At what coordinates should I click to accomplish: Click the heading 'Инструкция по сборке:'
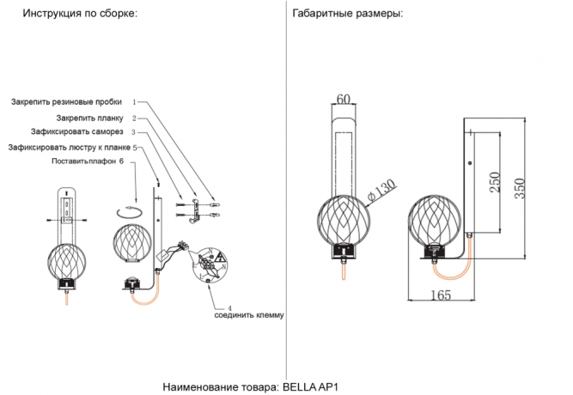pyautogui.click(x=79, y=15)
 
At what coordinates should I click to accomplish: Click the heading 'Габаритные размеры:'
pyautogui.click(x=347, y=15)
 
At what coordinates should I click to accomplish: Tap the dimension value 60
pyautogui.click(x=343, y=100)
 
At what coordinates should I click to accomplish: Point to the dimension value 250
pyautogui.click(x=494, y=182)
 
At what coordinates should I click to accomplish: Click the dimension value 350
pyautogui.click(x=519, y=187)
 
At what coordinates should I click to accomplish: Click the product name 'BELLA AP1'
pyautogui.click(x=316, y=386)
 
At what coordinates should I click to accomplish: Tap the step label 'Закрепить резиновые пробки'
pyautogui.click(x=66, y=101)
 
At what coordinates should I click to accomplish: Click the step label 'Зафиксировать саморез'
pyautogui.click(x=82, y=132)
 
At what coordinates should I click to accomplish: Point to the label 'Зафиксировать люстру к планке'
pyautogui.click(x=69, y=147)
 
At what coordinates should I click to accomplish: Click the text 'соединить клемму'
pyautogui.click(x=249, y=315)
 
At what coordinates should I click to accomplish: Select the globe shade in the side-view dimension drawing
pyautogui.click(x=436, y=221)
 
